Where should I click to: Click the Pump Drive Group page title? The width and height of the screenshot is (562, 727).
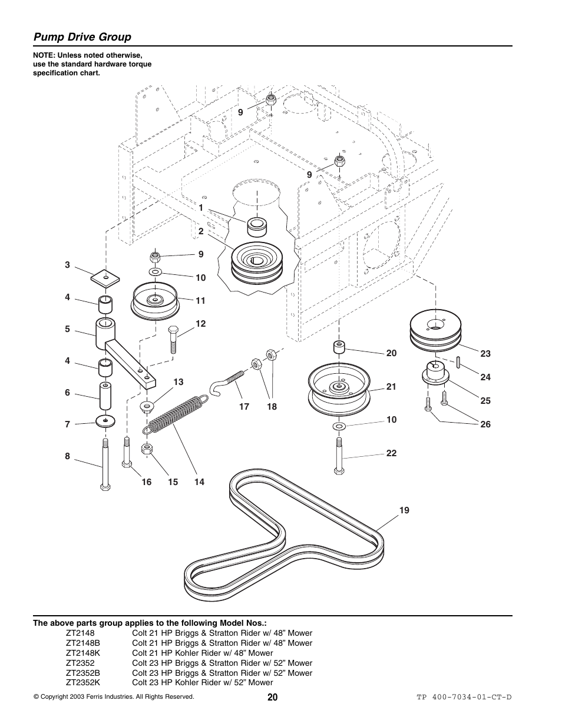pos(82,37)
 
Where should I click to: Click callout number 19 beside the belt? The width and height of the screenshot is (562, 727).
pos(404,510)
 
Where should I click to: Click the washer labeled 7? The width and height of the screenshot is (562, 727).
pos(105,421)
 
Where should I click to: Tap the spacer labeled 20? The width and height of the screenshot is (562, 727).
pos(339,347)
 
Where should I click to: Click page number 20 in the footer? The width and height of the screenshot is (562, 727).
pos(272,697)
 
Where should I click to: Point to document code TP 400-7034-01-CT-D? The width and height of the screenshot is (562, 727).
pos(464,698)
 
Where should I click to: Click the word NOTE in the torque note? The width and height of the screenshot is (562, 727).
pos(43,56)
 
